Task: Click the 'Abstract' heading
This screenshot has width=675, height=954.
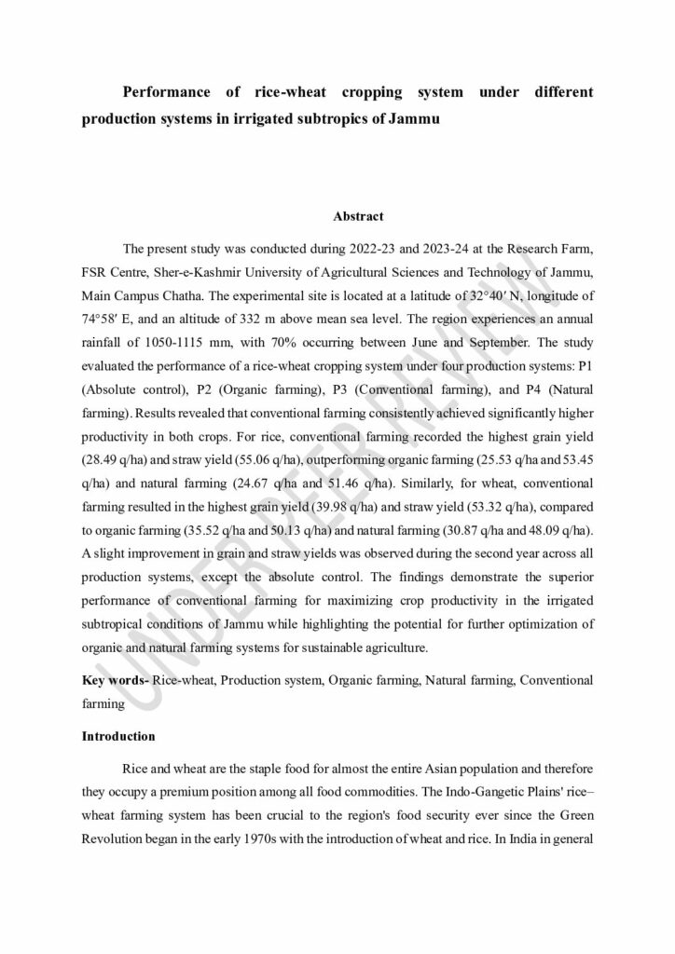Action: (358, 216)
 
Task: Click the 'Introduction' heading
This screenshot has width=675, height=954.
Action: (118, 736)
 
